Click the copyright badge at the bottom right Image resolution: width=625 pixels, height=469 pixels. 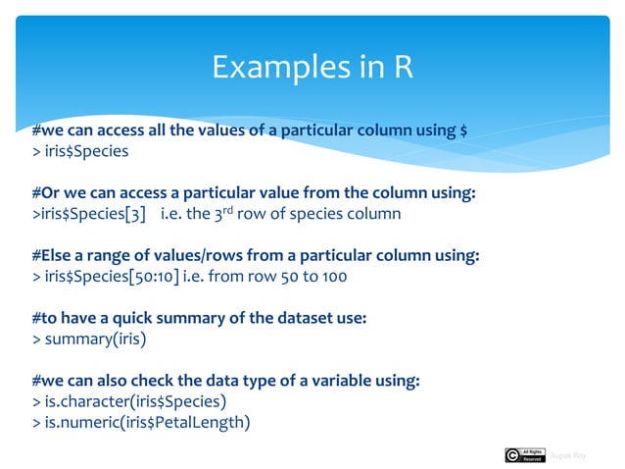coord(524,454)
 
